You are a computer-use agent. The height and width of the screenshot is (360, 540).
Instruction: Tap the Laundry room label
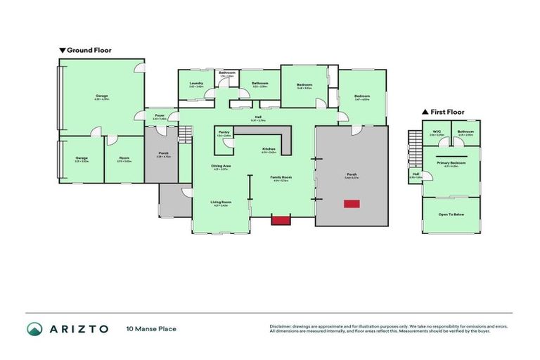coord(197,83)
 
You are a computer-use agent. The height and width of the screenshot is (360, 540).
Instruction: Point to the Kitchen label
coord(269,149)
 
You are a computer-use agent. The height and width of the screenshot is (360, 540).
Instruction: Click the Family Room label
coord(281,177)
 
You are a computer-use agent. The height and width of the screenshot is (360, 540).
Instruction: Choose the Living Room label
coord(221,202)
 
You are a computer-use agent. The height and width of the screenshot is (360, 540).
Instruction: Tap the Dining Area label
coord(221,166)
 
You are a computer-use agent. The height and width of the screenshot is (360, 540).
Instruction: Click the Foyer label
coord(160,115)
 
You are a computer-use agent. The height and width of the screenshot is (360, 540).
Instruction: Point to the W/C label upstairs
coord(437,131)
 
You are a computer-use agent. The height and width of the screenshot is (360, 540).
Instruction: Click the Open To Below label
coord(450,214)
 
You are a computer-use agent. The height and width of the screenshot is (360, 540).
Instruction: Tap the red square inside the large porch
coord(351,204)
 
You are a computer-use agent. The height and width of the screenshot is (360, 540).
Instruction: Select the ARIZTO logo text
coord(79,328)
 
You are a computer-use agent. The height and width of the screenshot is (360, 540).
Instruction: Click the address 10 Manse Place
coord(150,328)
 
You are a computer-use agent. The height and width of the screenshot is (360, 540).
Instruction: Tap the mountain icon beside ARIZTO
coord(34,328)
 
